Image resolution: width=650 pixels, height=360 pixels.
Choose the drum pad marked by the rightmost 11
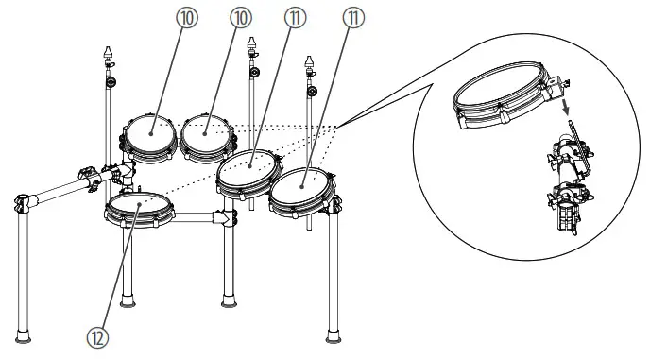[302, 187]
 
